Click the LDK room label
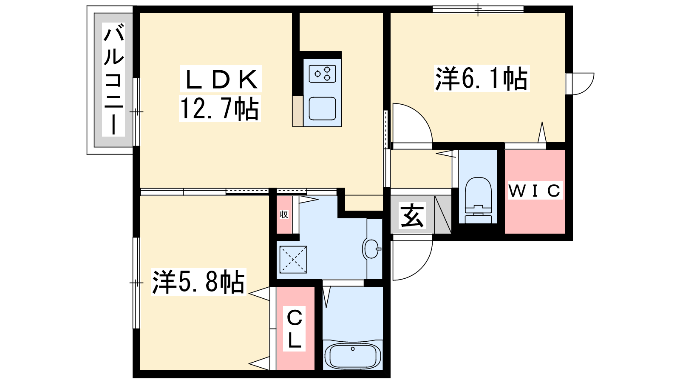point(221,79)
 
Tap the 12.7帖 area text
point(220,109)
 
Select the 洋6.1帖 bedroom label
point(482,78)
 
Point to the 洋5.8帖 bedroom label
point(198,282)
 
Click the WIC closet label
point(534,191)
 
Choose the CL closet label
point(294,329)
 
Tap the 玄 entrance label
point(412,215)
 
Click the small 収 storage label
point(284,214)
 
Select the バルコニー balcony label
point(113,80)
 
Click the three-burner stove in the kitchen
point(323,74)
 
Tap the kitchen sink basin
point(323,109)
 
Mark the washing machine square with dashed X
point(293,259)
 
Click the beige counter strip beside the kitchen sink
point(297,111)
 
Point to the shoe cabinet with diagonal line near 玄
point(442,214)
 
